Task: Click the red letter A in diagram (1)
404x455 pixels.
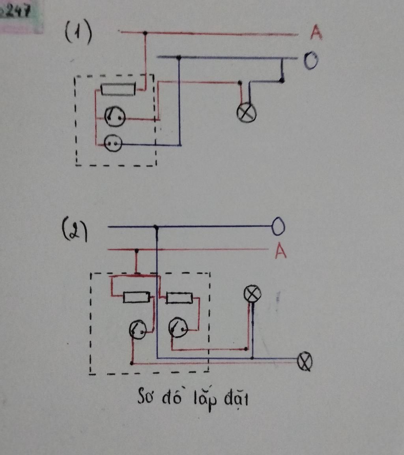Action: [316, 33]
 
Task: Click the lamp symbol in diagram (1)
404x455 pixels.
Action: [246, 113]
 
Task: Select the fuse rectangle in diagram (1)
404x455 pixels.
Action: [118, 89]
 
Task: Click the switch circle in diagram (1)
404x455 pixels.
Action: [115, 117]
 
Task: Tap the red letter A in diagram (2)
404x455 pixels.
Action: [280, 251]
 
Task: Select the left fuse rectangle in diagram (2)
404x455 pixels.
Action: [137, 297]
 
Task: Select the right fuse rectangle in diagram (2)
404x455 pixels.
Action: [179, 298]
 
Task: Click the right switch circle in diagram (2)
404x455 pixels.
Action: [178, 327]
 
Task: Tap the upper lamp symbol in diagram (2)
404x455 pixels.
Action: [252, 294]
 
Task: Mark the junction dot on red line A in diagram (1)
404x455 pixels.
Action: [145, 33]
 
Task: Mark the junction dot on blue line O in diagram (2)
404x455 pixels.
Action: [157, 227]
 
